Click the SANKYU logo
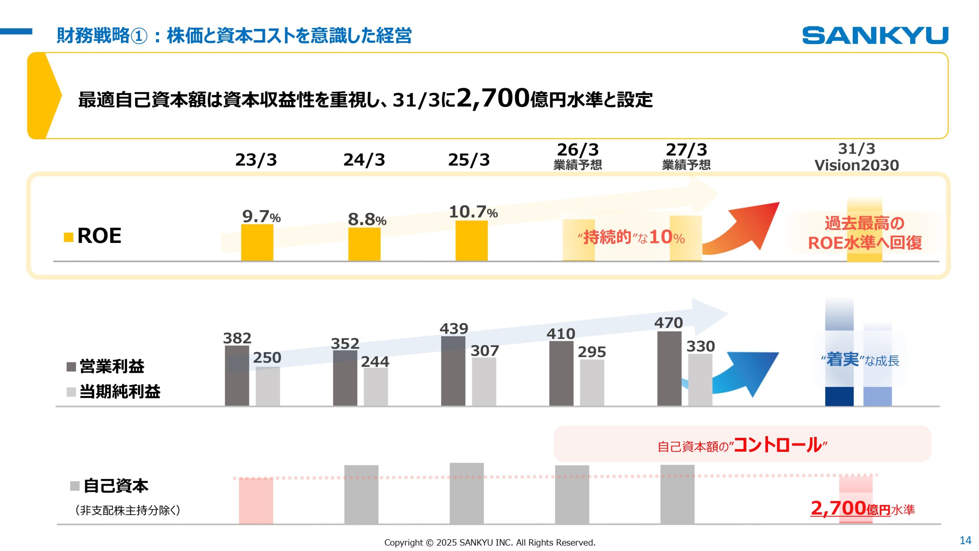click(875, 35)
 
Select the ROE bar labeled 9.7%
click(257, 243)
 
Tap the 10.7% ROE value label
click(473, 212)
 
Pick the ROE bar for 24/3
click(364, 244)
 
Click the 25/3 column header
click(469, 160)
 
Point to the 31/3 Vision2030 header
click(857, 157)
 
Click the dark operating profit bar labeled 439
click(453, 370)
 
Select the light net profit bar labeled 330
click(700, 380)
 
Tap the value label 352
click(345, 343)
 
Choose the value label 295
click(592, 352)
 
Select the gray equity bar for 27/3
click(677, 494)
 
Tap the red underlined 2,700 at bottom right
click(838, 508)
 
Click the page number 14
click(965, 540)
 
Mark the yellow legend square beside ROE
click(68, 237)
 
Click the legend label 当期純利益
click(120, 391)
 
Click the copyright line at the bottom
click(489, 543)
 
